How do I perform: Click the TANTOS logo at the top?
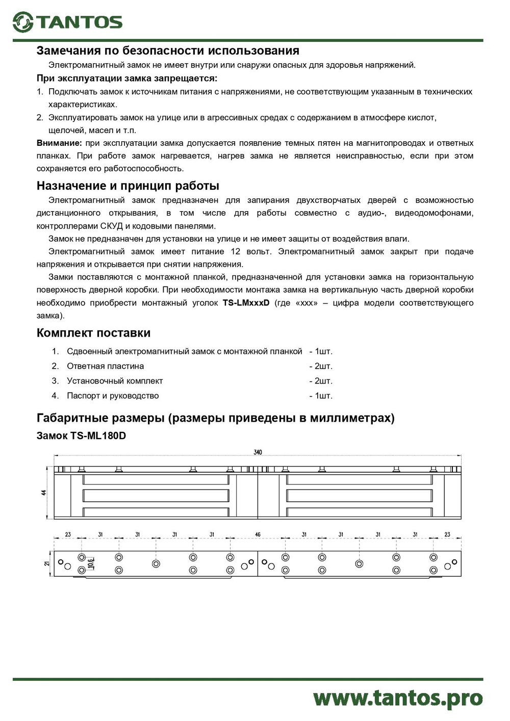68,22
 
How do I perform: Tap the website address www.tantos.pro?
398,698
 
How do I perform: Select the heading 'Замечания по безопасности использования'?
168,50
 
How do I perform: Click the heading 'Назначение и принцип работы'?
128,186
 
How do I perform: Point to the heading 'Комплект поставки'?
93,333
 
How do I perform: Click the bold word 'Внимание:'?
59,143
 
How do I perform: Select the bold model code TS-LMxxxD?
246,303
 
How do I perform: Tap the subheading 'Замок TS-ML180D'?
81,435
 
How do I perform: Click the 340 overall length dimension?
258,452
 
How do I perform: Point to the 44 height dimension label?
44,493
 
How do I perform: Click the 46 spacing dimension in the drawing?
258,534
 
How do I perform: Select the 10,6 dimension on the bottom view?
91,563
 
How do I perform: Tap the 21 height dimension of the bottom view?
47,563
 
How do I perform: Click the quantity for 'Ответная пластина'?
321,366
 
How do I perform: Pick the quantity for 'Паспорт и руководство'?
321,396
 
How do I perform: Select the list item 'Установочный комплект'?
115,381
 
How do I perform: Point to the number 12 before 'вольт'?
235,251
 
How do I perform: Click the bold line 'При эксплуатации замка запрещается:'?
127,79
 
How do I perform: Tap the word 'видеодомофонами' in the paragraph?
434,213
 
